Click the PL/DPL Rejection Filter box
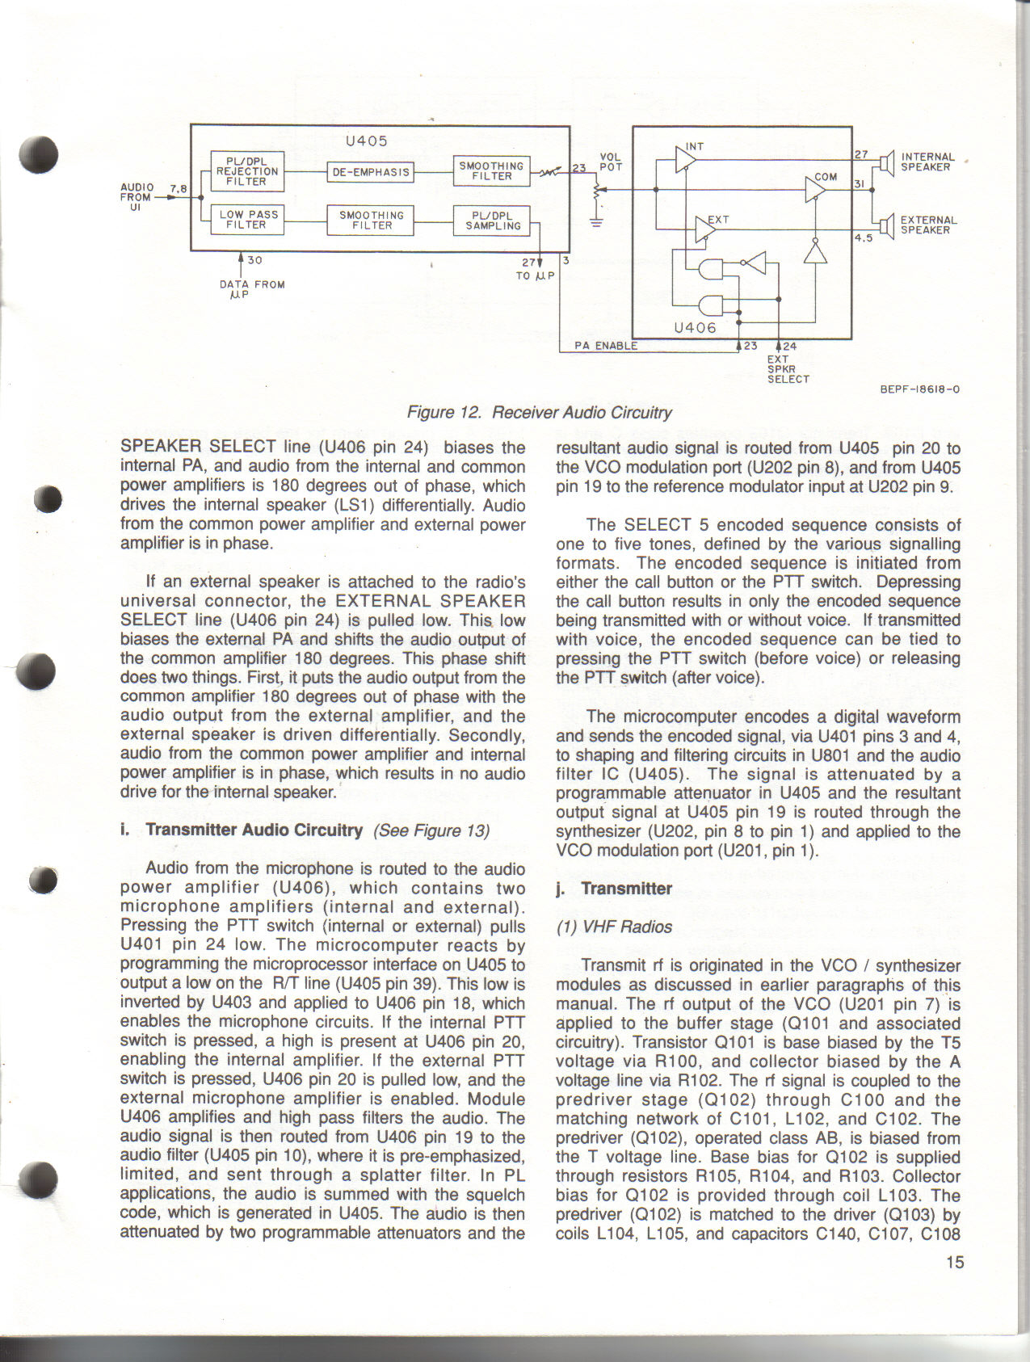[x=246, y=171]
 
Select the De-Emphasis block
[x=371, y=171]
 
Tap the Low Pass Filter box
[x=246, y=220]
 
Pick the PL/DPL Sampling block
[x=492, y=221]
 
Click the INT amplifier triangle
[x=685, y=159]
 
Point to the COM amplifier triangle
[x=816, y=191]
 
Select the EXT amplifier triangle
[x=705, y=231]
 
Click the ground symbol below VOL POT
[x=596, y=223]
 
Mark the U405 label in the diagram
[x=367, y=141]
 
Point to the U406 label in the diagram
[x=695, y=328]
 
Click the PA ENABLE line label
[x=606, y=346]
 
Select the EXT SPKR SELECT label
[x=788, y=368]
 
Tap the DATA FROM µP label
[x=251, y=288]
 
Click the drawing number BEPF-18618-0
[x=919, y=389]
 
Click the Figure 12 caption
[x=539, y=413]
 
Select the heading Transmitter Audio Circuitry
[x=254, y=830]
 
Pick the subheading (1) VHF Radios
[x=614, y=927]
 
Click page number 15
[x=955, y=1262]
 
